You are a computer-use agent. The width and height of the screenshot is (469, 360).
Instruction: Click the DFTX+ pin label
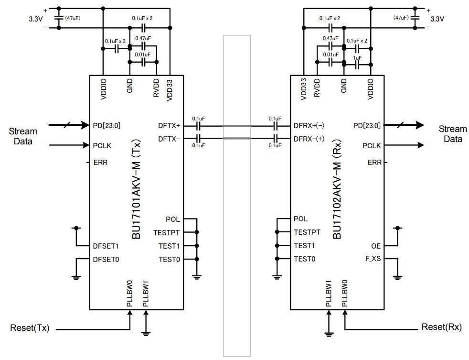point(169,126)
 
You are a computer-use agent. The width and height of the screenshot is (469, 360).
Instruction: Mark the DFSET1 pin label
point(106,246)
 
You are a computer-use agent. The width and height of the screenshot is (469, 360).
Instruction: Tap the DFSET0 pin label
point(106,260)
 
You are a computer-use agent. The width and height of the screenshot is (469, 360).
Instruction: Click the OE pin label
point(376,246)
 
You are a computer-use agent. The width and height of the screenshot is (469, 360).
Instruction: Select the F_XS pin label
point(373,260)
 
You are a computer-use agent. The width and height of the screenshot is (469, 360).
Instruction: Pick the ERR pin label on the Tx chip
point(101,163)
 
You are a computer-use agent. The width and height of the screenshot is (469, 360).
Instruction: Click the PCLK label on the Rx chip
point(372,145)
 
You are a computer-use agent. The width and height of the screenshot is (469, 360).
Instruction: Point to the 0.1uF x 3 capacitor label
point(115,41)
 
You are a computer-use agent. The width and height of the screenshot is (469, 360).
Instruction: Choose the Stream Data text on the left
point(23,135)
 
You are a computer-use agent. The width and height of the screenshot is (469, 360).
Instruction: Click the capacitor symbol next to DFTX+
point(198,126)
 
